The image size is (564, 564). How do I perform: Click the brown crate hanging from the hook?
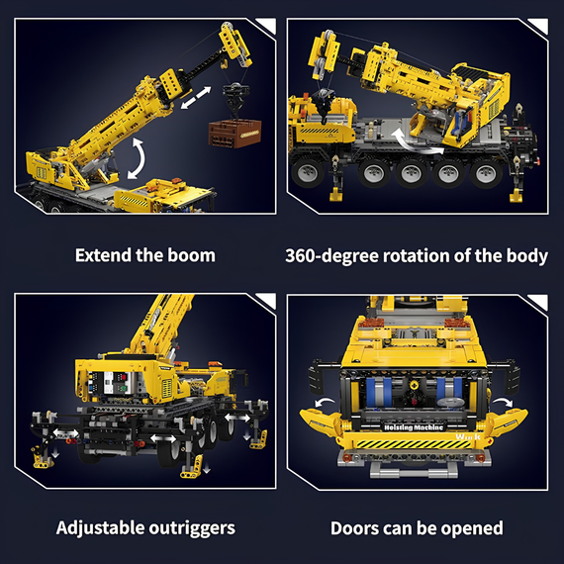[235, 134]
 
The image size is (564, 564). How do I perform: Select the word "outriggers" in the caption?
[192, 528]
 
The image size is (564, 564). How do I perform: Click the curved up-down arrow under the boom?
[137, 158]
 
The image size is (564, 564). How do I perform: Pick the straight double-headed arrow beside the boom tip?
[196, 97]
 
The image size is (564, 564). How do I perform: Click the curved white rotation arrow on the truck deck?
[414, 142]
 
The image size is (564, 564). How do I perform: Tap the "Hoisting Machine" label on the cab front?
[414, 427]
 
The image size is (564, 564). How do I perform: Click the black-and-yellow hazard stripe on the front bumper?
[414, 444]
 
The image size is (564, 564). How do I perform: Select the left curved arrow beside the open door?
[325, 402]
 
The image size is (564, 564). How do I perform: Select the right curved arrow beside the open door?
[503, 402]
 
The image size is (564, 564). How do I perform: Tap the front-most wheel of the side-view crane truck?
[308, 172]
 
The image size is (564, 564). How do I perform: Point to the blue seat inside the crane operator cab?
[458, 123]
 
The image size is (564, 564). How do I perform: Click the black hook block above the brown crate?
[235, 95]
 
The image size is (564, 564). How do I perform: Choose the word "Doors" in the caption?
[354, 528]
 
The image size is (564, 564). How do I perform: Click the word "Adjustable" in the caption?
[100, 528]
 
